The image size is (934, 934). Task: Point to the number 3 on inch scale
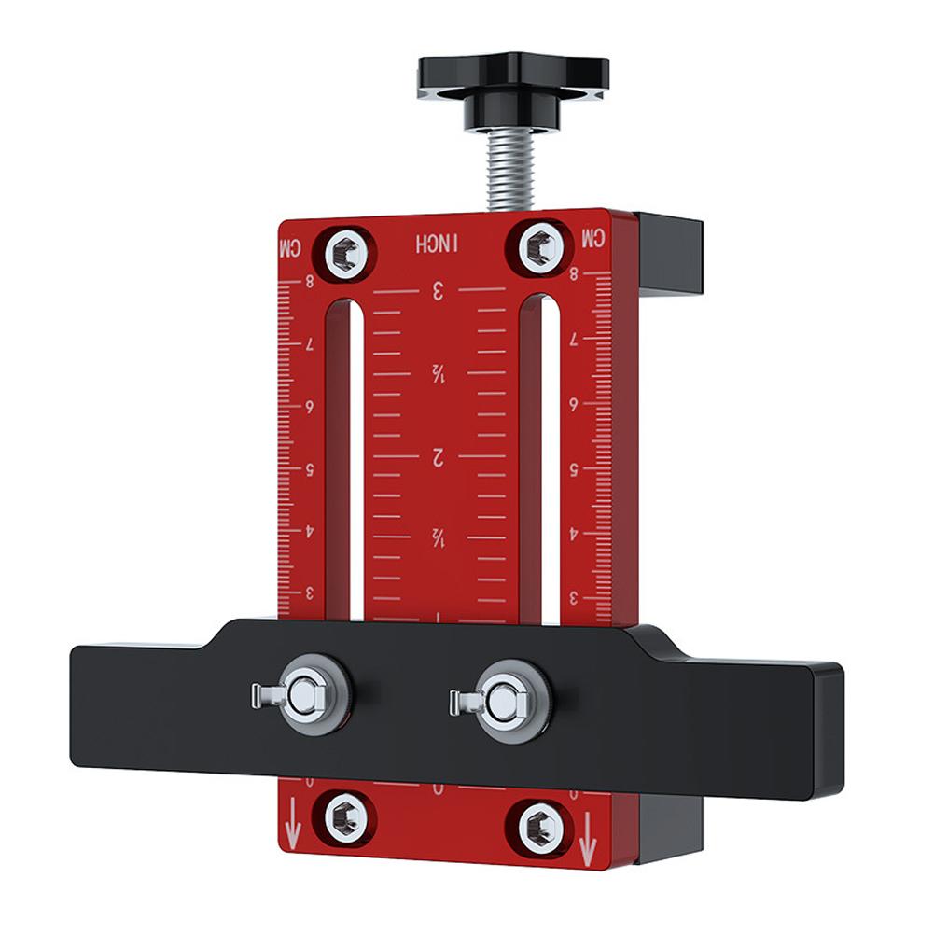pyautogui.click(x=438, y=290)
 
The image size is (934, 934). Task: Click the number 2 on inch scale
pyautogui.click(x=436, y=457)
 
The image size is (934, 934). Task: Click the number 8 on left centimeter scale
pyautogui.click(x=310, y=281)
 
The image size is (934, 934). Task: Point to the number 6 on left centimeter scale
pyautogui.click(x=310, y=407)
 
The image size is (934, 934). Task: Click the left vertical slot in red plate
pyautogui.click(x=340, y=457)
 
